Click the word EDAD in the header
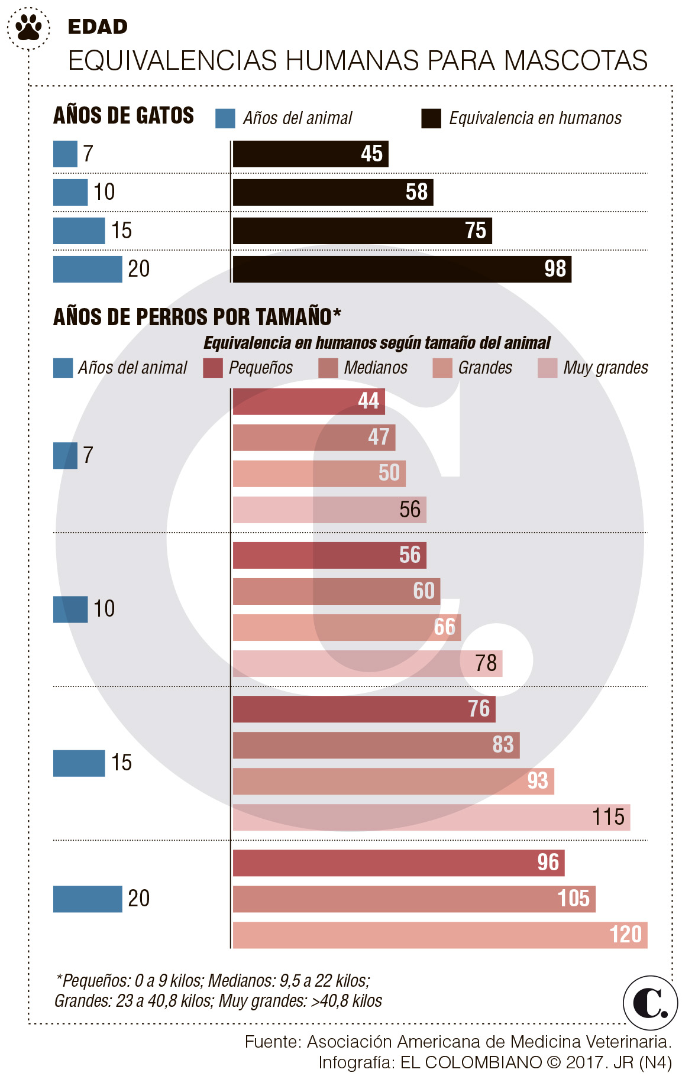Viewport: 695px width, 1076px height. tap(98, 27)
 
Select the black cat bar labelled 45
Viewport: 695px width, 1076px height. tap(310, 154)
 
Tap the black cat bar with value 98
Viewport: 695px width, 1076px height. tap(402, 269)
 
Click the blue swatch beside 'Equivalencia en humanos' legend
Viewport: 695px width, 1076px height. tap(225, 118)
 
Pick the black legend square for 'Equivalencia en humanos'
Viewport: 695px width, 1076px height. tap(431, 118)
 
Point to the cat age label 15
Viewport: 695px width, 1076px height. tap(121, 231)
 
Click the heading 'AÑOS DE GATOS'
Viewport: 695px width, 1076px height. tap(124, 115)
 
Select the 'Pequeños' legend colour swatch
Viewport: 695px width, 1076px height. tap(213, 368)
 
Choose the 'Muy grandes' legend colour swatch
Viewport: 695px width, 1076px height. tap(547, 368)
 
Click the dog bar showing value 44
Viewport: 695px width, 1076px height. tap(308, 401)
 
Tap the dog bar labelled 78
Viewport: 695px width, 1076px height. tap(367, 663)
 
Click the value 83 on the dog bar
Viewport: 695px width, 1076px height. tap(503, 745)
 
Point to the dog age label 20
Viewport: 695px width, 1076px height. tap(138, 899)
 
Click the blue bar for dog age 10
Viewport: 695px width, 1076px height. tap(70, 609)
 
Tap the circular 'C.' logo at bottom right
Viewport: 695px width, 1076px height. tap(650, 1003)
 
